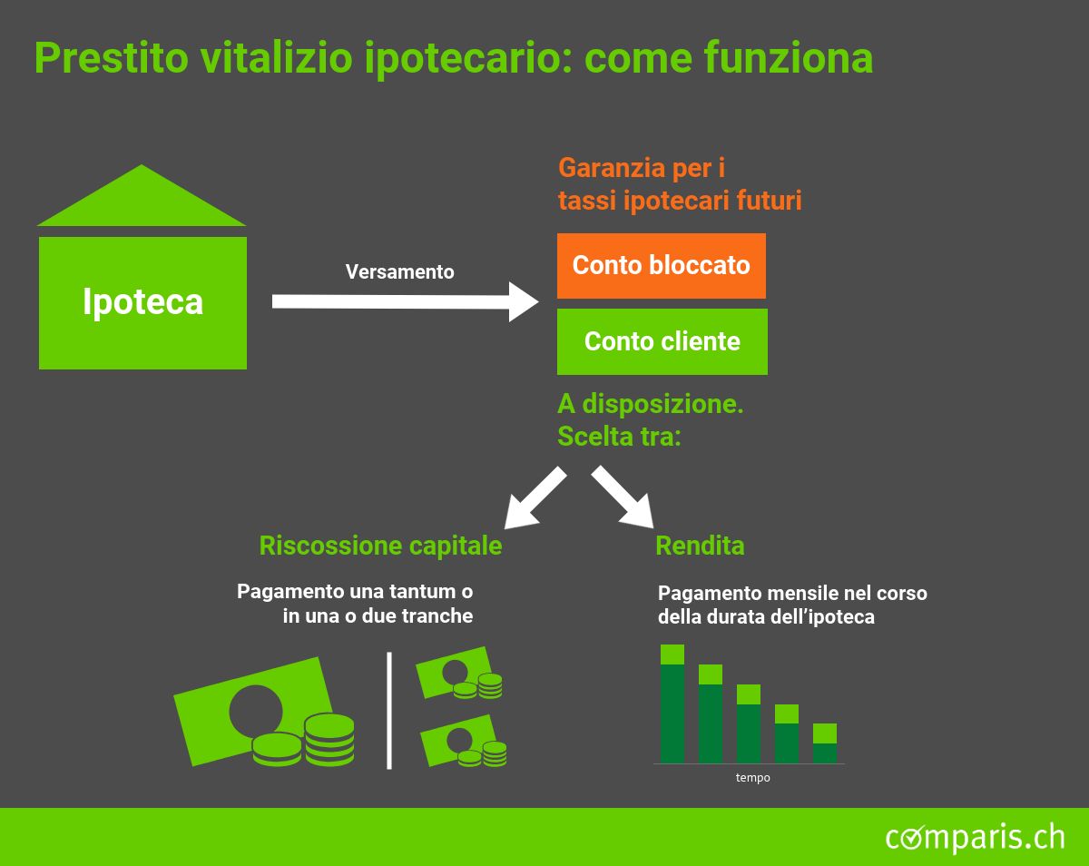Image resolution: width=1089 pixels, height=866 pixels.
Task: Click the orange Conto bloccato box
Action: (662, 266)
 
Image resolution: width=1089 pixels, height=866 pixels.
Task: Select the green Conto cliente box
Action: (662, 341)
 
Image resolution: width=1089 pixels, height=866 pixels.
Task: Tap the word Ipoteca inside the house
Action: (142, 302)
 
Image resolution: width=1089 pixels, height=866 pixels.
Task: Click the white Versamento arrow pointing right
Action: (405, 301)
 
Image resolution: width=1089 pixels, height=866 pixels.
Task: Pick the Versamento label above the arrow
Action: (400, 271)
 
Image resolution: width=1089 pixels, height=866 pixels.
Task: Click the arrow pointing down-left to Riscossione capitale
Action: (535, 498)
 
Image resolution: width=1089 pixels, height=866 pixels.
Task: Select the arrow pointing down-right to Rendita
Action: (623, 497)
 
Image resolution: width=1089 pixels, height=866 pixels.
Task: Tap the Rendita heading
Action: (700, 546)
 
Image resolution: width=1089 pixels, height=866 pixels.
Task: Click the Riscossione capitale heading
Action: (380, 546)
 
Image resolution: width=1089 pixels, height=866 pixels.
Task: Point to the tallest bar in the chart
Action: (672, 704)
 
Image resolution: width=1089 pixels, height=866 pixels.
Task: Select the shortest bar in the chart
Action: (825, 743)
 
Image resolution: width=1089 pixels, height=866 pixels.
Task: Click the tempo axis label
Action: (753, 777)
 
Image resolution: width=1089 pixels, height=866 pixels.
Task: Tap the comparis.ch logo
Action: (976, 837)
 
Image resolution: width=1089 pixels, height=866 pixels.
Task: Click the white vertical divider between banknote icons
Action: (389, 711)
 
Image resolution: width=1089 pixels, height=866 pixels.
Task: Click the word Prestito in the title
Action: (112, 58)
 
